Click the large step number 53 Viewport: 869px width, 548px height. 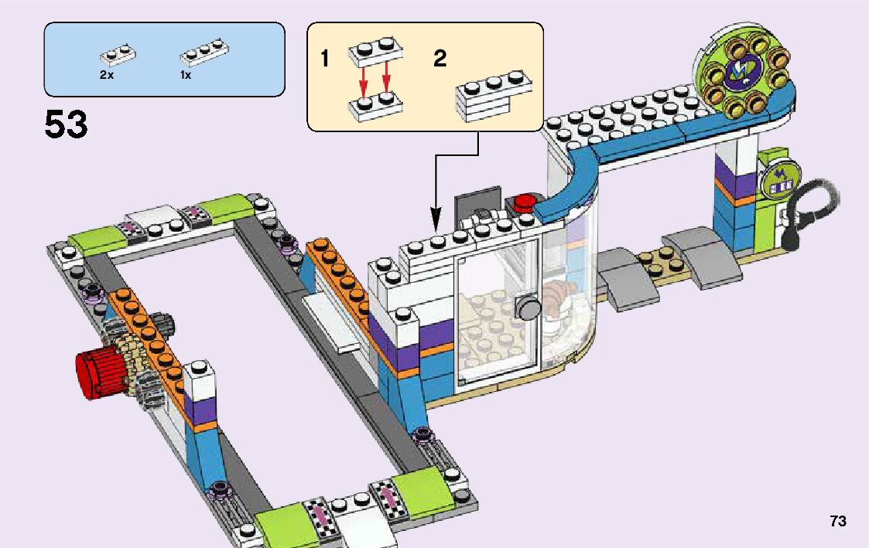(66, 125)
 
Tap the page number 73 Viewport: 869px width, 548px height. (837, 522)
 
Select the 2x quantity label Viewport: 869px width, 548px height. (107, 76)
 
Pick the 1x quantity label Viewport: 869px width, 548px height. (186, 76)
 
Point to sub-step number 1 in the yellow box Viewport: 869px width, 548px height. (326, 59)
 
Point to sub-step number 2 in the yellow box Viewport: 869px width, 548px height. (440, 59)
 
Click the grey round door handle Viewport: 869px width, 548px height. (529, 309)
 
